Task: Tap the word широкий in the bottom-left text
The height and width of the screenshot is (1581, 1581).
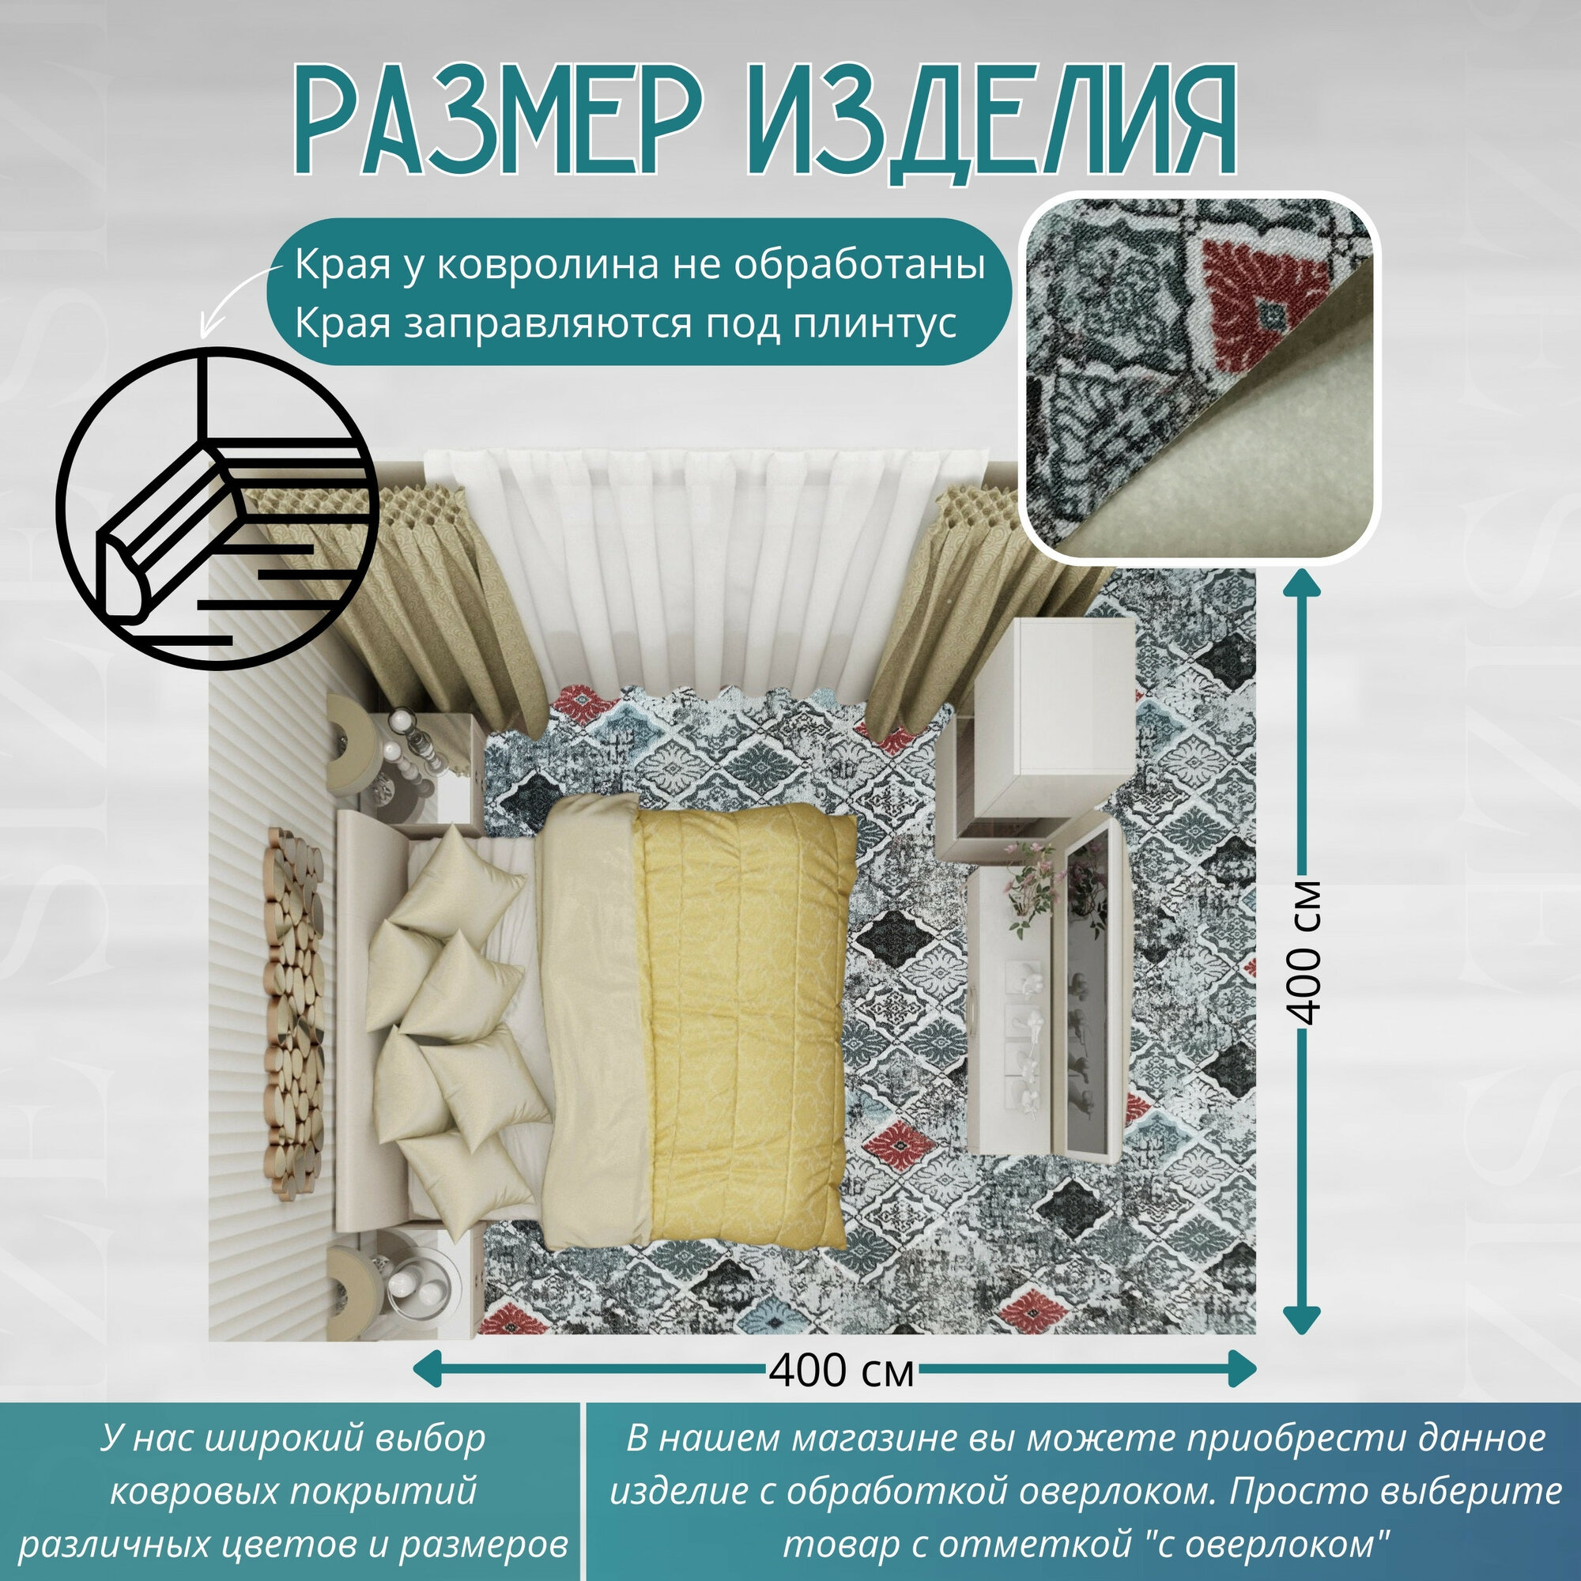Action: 282,1438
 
